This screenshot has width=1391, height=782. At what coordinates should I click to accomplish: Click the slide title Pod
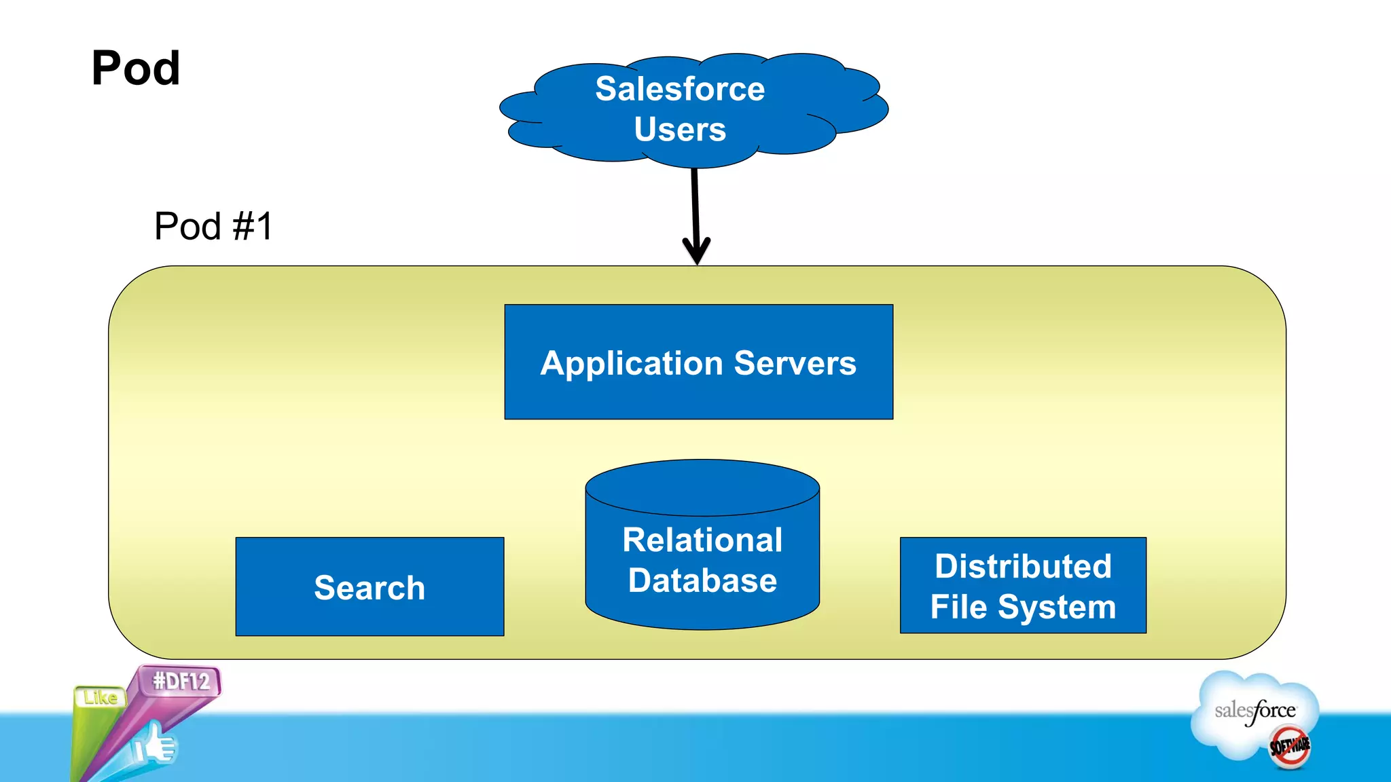tap(136, 69)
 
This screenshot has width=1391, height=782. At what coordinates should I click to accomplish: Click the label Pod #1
tap(213, 226)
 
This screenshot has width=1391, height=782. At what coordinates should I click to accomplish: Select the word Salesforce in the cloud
tap(680, 89)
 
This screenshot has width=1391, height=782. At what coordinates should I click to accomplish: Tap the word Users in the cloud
tap(680, 130)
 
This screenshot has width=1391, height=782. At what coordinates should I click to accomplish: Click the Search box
tap(369, 587)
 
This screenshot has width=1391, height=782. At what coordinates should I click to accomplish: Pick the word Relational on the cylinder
tap(702, 540)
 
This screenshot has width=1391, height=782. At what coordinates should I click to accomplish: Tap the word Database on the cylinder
tap(702, 581)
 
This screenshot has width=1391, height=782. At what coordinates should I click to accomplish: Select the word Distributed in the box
tap(1023, 566)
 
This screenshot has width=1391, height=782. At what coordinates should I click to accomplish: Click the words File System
tap(1023, 607)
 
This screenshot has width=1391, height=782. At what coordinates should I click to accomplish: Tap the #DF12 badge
tap(181, 681)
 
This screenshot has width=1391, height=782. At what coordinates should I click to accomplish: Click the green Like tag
tap(100, 698)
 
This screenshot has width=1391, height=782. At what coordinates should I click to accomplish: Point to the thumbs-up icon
tap(155, 745)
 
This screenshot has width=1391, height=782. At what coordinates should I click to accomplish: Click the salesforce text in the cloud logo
tap(1255, 711)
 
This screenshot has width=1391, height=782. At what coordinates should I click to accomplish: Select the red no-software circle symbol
tap(1289, 747)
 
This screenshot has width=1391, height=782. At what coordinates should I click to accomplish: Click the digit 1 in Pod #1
tap(262, 226)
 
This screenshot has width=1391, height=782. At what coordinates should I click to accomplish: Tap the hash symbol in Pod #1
tap(242, 226)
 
